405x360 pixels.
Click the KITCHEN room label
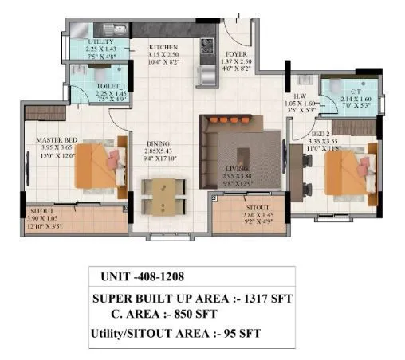163,48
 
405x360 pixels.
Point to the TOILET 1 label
89,86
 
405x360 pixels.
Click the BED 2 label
320,133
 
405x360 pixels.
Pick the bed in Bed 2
344,170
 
